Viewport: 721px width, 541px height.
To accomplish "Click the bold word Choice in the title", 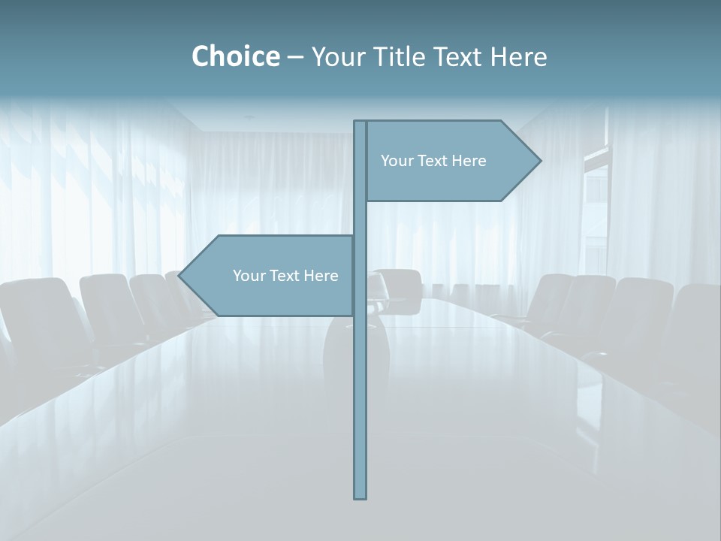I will point(235,56).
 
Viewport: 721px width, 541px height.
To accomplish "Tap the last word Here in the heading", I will point(518,56).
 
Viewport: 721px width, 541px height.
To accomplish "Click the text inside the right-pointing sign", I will point(433,161).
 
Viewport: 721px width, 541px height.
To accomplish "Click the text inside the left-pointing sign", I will point(285,276).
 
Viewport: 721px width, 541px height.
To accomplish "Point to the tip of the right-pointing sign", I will point(539,160).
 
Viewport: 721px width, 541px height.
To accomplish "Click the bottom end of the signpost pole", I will point(360,496).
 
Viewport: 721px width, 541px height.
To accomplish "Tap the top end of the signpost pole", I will point(360,122).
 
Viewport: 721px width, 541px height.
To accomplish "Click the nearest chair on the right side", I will point(695,323).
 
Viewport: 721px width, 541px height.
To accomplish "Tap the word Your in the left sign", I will point(247,276).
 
